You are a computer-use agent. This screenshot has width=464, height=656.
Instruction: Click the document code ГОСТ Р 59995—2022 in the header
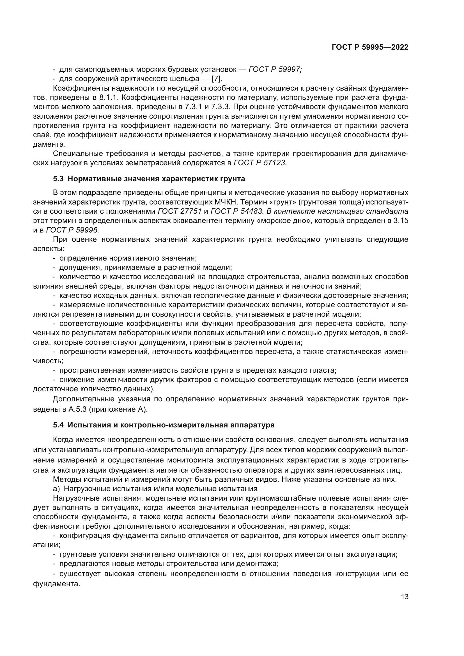coord(370,47)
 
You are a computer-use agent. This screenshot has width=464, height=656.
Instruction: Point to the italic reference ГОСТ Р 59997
coord(275,70)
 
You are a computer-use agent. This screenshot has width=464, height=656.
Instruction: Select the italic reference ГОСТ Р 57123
coord(260,163)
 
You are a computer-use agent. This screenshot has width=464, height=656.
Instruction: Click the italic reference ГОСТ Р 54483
coord(236,211)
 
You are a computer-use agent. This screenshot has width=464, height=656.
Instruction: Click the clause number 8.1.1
coord(109,97)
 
